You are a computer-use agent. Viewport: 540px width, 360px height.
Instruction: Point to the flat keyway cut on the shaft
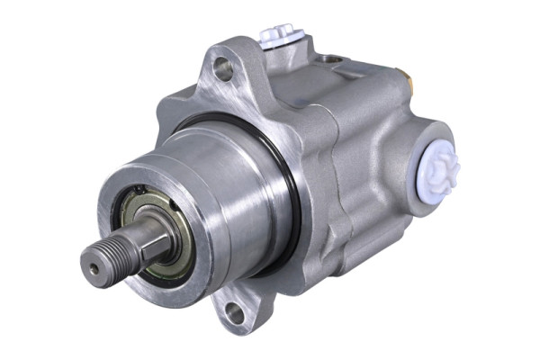144,236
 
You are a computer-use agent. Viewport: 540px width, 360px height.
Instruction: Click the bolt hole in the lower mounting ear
234,312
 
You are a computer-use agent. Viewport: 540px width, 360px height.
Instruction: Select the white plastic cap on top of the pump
277,37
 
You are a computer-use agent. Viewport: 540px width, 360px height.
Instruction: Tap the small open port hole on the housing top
334,59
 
